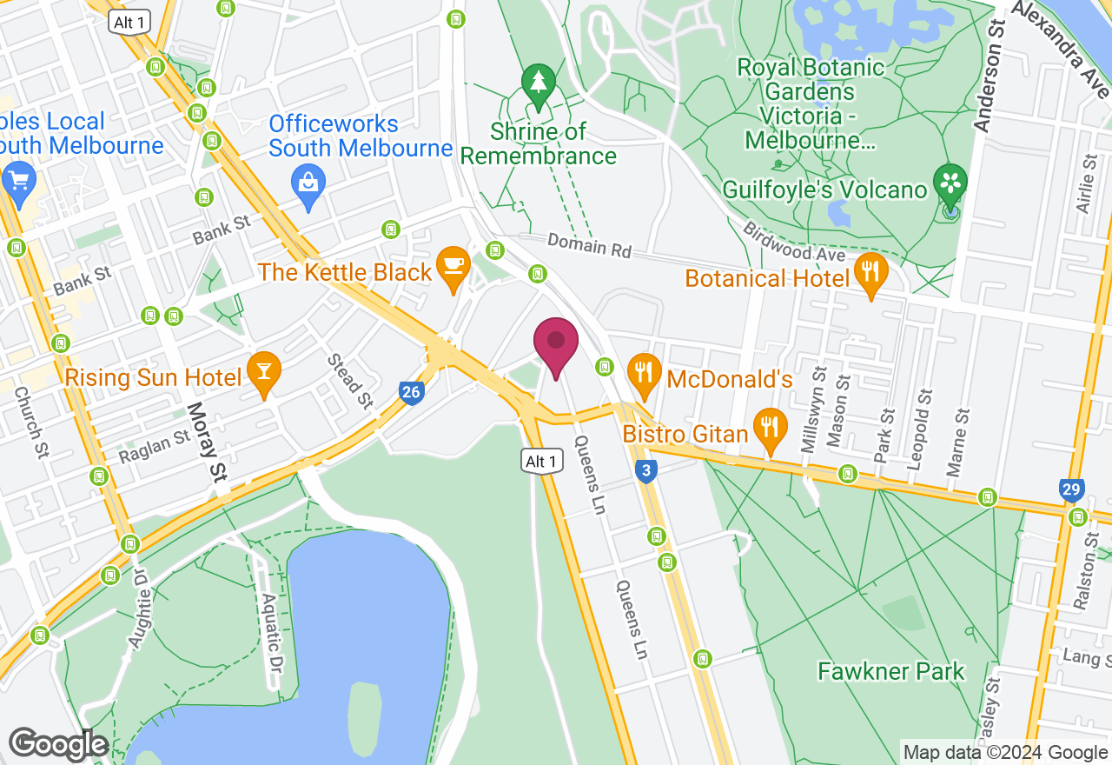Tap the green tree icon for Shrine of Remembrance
tap(539, 84)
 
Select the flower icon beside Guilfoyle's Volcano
tap(950, 183)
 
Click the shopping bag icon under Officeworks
tap(308, 183)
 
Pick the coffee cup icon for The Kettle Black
tap(453, 265)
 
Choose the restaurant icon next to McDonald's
tap(643, 372)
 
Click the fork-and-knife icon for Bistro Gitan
tap(769, 427)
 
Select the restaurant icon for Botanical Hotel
tap(870, 271)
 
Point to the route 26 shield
tap(412, 393)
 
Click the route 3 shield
tap(645, 471)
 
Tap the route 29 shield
tap(1072, 489)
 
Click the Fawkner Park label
tap(891, 671)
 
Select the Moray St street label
tap(207, 441)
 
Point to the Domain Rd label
tap(589, 247)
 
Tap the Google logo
tap(58, 744)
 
